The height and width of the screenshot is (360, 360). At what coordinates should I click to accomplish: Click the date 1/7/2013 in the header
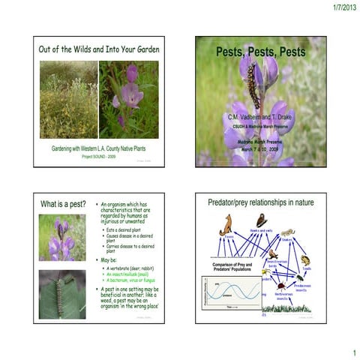pyautogui.click(x=340, y=7)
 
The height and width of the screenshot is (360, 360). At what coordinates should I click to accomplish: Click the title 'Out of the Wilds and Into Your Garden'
pyautogui.click(x=99, y=49)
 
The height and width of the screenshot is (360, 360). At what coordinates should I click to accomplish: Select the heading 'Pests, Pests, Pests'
pyautogui.click(x=260, y=52)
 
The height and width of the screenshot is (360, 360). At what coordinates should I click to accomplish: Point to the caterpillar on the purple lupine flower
pyautogui.click(x=253, y=84)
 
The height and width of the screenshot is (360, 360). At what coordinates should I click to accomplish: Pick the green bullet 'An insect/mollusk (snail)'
pyautogui.click(x=136, y=274)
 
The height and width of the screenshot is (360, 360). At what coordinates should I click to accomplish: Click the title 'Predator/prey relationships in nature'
pyautogui.click(x=260, y=202)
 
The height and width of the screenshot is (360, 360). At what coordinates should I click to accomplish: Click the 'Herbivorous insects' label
pyautogui.click(x=284, y=297)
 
